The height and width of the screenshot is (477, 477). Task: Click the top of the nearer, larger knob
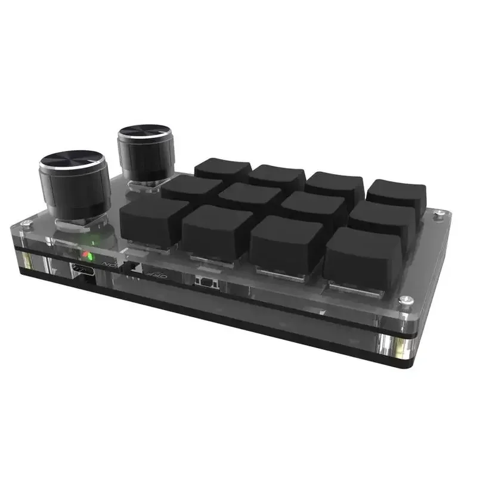[72, 162]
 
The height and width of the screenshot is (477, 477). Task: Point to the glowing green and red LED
[89, 255]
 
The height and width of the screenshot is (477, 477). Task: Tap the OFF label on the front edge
[156, 275]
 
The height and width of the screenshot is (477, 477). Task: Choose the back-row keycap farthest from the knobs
[397, 194]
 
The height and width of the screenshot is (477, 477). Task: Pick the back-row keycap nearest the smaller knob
[222, 168]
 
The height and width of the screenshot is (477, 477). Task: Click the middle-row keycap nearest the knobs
[192, 187]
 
